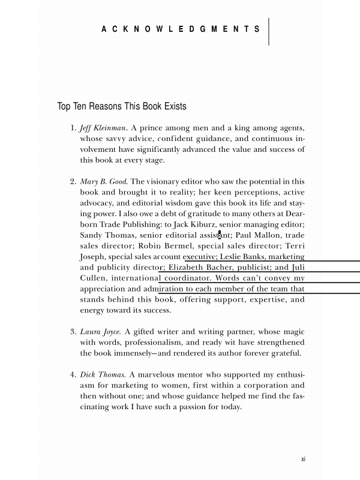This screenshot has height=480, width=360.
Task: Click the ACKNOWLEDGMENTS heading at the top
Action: (181, 29)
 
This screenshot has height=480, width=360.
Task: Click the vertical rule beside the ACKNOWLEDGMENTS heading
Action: (269, 31)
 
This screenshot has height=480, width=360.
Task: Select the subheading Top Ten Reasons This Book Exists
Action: (122, 107)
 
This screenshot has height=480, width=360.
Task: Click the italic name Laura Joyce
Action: (100, 331)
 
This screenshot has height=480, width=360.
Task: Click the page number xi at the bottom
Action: (303, 459)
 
